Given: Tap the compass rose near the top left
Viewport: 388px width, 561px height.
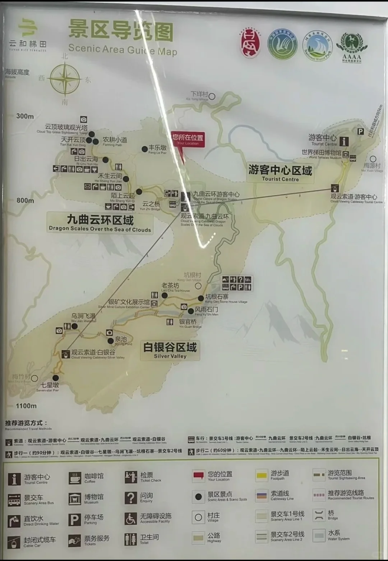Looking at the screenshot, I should (x=65, y=79).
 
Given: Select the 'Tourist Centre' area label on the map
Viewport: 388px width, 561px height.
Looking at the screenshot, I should (x=280, y=173).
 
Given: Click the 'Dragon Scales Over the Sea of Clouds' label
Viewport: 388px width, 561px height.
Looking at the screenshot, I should (x=100, y=223).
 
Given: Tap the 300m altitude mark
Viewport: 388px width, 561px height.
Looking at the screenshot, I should (x=25, y=116).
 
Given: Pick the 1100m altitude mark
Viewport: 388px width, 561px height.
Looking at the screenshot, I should (x=26, y=406).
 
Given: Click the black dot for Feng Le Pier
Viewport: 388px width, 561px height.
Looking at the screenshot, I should (x=144, y=149).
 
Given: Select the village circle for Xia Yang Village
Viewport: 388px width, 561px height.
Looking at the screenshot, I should (x=212, y=96).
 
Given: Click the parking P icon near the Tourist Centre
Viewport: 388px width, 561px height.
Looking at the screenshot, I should (x=360, y=132).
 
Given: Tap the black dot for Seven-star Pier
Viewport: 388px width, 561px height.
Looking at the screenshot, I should (x=56, y=378).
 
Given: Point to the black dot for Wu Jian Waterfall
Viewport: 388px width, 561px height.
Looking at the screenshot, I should (x=74, y=326).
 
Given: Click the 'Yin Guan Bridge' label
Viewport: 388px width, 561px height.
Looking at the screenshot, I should (x=188, y=322).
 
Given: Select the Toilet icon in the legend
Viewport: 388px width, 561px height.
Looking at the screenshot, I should (x=131, y=539).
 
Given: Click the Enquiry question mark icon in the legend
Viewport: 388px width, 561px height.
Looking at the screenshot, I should (x=131, y=498).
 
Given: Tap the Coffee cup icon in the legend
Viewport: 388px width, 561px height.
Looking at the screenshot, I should (x=75, y=478).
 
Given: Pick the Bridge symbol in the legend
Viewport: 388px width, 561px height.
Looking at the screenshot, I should (x=319, y=515).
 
